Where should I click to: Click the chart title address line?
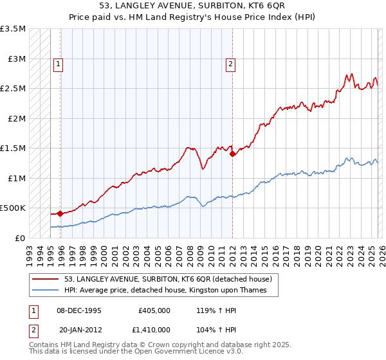click(x=193, y=6)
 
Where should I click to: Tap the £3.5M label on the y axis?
click(x=13, y=29)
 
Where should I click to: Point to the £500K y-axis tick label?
click(x=13, y=208)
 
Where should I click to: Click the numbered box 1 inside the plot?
click(x=59, y=64)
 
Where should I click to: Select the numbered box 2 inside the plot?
click(x=230, y=64)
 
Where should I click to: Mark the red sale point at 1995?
click(x=60, y=213)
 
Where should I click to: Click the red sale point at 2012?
click(x=232, y=154)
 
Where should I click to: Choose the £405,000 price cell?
click(x=154, y=310)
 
